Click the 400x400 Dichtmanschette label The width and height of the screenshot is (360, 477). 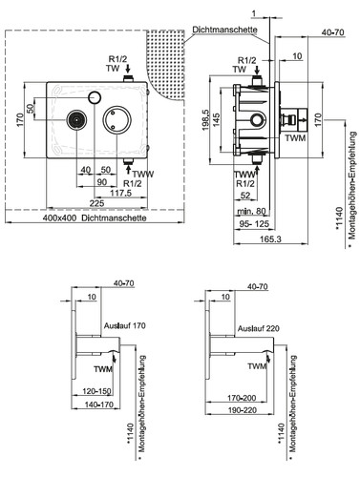point(95,218)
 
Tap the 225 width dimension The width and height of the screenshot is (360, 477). point(96,203)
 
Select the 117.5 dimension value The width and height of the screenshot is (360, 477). point(120,193)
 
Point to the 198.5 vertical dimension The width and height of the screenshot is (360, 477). point(205,119)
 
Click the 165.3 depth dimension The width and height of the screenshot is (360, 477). point(271,239)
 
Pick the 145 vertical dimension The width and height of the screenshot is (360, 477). point(216,119)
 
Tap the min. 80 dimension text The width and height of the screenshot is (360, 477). point(251,211)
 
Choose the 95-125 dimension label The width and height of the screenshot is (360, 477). point(254,224)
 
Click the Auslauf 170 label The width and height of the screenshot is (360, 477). point(125,325)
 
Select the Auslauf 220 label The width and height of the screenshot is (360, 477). point(259,328)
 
